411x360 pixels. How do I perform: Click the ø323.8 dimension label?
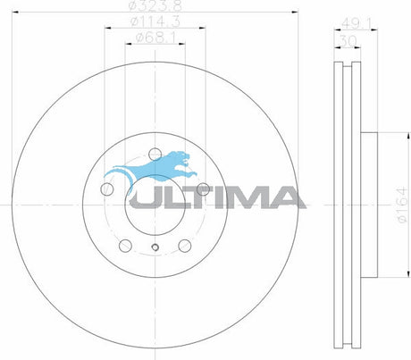coord(155,5)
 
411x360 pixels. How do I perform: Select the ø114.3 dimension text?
coord(155,21)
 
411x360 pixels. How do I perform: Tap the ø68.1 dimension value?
coord(155,38)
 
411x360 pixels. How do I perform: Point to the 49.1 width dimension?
coord(356,23)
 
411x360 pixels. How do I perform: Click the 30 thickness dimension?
coord(348,41)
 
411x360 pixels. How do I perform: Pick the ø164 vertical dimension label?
coord(402,205)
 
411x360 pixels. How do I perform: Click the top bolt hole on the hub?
coord(155,155)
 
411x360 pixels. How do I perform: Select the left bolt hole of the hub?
coord(107,188)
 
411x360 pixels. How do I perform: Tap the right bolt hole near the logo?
coord(203,188)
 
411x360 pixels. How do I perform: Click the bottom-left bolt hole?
coord(125,246)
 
